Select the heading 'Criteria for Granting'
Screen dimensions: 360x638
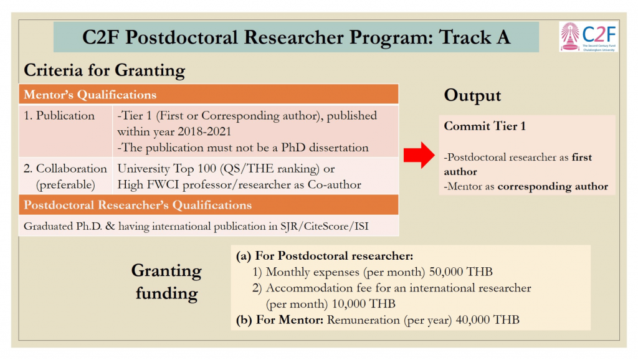[x=104, y=70]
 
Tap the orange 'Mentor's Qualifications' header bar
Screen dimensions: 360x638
[x=208, y=95]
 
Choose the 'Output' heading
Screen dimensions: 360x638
[x=472, y=95]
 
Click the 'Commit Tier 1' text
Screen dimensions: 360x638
[x=485, y=126]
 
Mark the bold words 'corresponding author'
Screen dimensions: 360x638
[x=553, y=186]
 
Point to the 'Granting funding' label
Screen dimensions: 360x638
[x=166, y=282]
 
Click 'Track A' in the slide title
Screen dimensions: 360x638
[x=475, y=37]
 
